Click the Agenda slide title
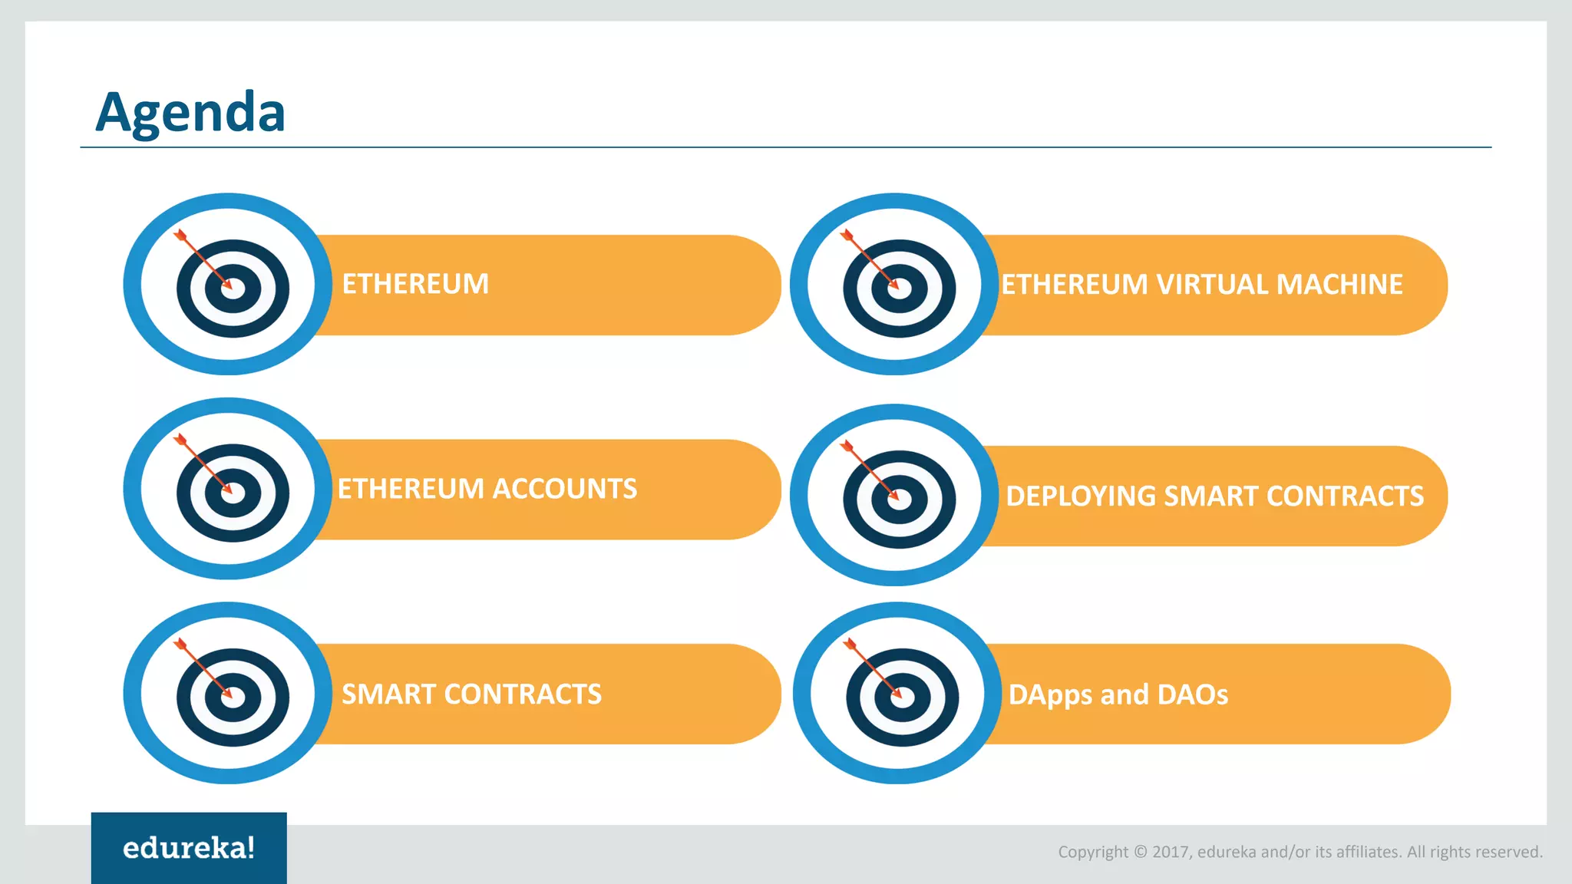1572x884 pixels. point(190,112)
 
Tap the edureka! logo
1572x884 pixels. point(189,848)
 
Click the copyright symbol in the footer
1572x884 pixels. point(1140,852)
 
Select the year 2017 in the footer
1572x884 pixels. point(1170,852)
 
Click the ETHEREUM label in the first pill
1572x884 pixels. point(415,284)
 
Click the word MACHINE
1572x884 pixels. point(1339,285)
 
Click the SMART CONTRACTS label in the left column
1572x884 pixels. point(471,694)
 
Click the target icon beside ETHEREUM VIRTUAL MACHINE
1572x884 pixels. point(896,285)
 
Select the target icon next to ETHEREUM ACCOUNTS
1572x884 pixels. point(229,489)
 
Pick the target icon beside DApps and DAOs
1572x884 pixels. point(898,694)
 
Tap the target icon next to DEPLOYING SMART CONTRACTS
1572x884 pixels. point(896,496)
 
